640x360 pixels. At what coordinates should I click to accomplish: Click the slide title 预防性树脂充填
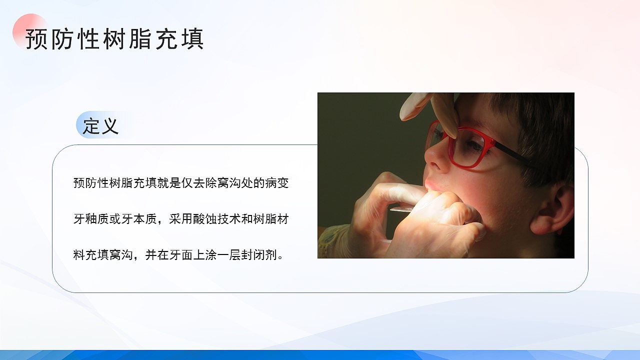tap(114, 39)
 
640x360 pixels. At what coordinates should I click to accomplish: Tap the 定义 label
tap(101, 125)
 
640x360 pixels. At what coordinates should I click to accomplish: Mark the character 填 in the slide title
tap(192, 39)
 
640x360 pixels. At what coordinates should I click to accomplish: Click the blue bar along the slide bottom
tap(320, 355)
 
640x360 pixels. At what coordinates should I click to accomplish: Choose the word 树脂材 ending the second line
tap(271, 219)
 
